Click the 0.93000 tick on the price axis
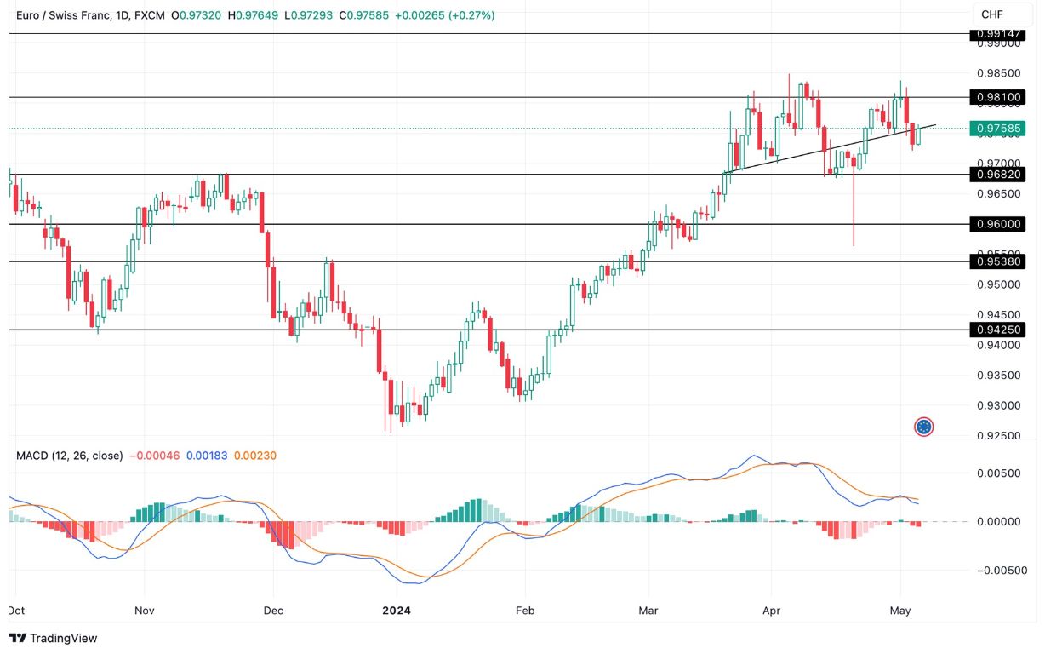click(998, 405)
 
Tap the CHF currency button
click(991, 14)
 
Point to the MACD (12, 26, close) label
click(69, 456)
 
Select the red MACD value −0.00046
click(154, 456)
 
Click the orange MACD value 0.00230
click(254, 456)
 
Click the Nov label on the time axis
click(145, 611)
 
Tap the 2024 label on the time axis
click(397, 611)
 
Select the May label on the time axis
click(900, 611)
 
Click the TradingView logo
click(53, 638)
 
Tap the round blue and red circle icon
click(924, 427)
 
